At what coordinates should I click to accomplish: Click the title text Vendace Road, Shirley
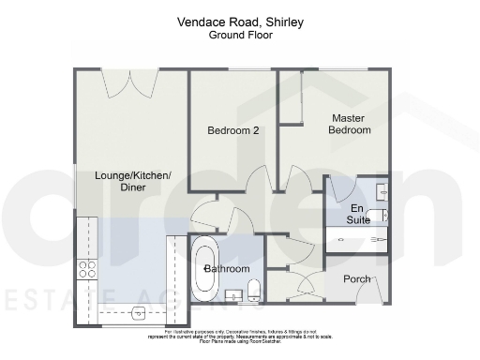click(240, 20)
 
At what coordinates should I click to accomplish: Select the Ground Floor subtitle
click(240, 34)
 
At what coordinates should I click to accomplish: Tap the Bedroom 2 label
click(233, 131)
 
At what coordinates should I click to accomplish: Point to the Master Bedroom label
click(349, 124)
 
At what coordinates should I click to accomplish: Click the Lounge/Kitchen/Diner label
click(132, 181)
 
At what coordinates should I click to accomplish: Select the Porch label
click(356, 278)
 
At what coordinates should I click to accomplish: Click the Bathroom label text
click(228, 269)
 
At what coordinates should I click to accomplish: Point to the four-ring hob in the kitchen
click(86, 269)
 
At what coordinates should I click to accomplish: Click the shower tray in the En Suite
click(357, 239)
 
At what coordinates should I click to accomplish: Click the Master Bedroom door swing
click(296, 177)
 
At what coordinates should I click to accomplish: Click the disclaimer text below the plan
click(240, 337)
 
